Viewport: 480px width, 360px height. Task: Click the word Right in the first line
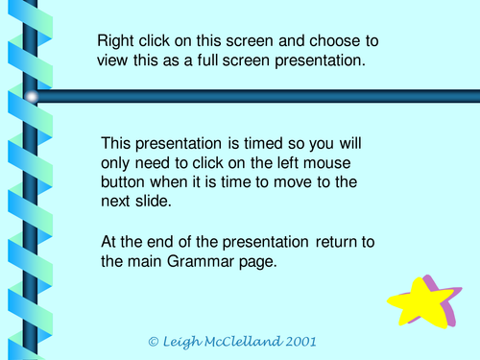point(116,41)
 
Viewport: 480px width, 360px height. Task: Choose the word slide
point(154,203)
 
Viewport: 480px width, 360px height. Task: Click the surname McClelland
point(252,341)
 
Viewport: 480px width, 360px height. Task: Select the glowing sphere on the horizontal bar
point(32,96)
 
